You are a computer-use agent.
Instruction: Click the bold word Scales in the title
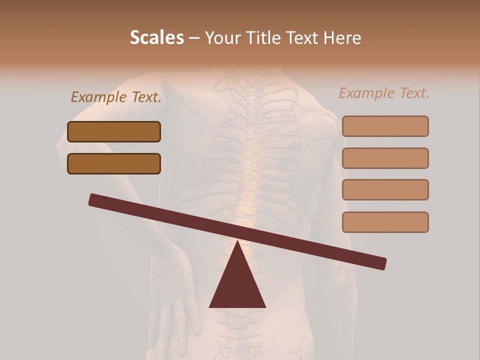[x=156, y=37]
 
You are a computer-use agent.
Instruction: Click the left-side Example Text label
[x=116, y=97]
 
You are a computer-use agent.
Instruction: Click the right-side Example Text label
[x=384, y=93]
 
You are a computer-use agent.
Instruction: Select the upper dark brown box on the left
[x=114, y=131]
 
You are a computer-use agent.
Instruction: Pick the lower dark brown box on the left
[x=114, y=163]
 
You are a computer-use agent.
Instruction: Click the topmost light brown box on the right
[x=385, y=126]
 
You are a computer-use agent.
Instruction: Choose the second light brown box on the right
[x=385, y=158]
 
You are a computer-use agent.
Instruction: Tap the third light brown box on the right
[x=385, y=189]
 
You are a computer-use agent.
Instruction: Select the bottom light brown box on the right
[x=385, y=222]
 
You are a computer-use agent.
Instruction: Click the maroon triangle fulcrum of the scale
[x=237, y=285]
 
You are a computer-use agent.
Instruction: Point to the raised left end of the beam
[x=92, y=199]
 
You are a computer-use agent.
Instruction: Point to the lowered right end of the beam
[x=382, y=263]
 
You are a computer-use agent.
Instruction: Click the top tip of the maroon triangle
[x=237, y=241]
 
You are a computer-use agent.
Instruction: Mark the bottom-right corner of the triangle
[x=265, y=307]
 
